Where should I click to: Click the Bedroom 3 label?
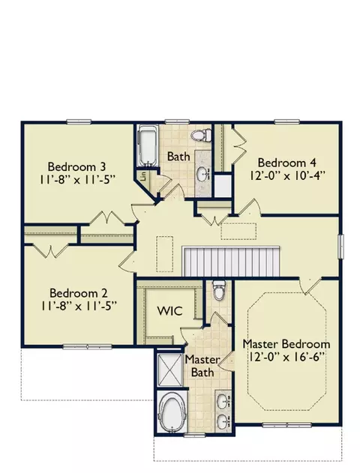(x=76, y=166)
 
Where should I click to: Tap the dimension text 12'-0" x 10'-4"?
(x=287, y=175)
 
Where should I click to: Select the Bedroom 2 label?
(x=79, y=293)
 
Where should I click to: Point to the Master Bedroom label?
(x=286, y=344)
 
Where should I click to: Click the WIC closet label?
(x=170, y=311)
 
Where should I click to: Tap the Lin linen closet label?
(x=143, y=176)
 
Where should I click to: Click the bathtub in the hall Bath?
(x=148, y=145)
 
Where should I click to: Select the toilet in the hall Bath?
(x=201, y=135)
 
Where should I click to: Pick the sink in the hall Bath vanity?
(x=203, y=174)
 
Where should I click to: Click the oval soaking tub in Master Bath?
(x=171, y=412)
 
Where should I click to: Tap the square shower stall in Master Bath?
(x=169, y=369)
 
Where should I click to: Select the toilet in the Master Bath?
(x=218, y=290)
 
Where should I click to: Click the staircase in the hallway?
(x=231, y=261)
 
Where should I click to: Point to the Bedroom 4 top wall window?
(x=287, y=121)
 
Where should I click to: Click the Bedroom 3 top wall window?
(x=79, y=121)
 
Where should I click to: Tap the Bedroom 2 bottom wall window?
(x=87, y=347)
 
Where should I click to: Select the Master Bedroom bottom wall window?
(x=286, y=425)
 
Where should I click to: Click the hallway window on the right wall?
(x=340, y=247)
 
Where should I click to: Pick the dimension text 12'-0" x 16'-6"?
(x=287, y=357)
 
